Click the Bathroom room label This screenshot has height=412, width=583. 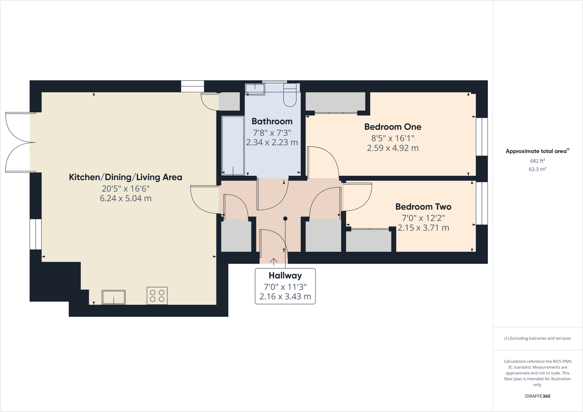coord(272,122)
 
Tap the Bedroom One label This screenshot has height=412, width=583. coord(393,127)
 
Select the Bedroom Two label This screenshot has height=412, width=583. coord(423,207)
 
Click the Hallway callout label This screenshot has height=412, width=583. coord(285,276)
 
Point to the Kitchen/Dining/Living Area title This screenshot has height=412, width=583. coord(126,177)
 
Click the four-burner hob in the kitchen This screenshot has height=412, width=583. coord(157,296)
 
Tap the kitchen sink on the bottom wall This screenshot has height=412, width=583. coord(113,297)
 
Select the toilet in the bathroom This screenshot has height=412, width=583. coord(290,95)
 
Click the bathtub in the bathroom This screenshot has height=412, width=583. coord(233,145)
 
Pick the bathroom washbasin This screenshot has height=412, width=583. coord(255,89)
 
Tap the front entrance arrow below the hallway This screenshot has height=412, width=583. coord(274,261)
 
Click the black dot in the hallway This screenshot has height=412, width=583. coord(285,219)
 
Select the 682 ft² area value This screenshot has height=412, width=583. coord(537,161)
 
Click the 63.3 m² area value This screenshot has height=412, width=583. coord(537,169)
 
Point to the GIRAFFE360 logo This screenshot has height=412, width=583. coord(537,396)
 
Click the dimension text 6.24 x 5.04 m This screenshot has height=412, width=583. coord(126,198)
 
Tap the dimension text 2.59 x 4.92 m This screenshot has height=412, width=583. coord(393,148)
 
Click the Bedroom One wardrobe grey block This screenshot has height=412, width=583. coord(335,102)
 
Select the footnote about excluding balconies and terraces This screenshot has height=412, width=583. coord(537,338)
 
